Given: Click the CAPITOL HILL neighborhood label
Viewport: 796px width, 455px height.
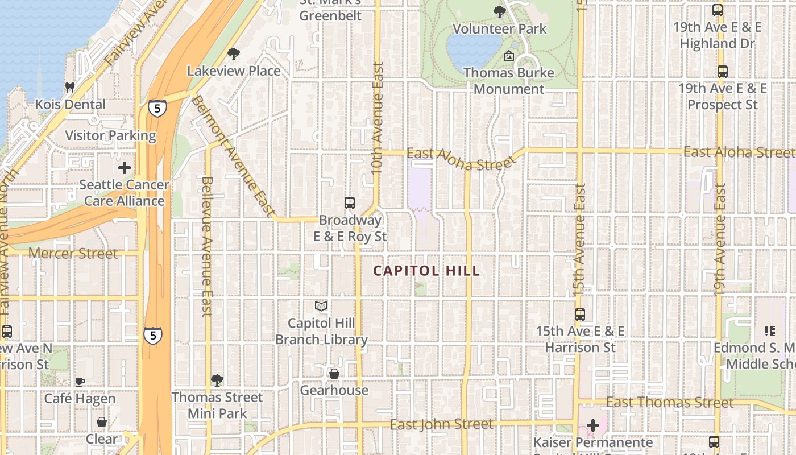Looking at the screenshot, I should point(426,271).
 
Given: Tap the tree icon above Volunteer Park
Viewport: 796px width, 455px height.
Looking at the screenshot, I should point(500,11).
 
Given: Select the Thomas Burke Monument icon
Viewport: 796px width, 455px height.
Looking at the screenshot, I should point(509,56).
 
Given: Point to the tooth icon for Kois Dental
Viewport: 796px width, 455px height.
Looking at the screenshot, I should point(70,88).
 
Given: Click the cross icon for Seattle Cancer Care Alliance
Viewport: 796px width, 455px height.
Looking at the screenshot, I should point(124,168).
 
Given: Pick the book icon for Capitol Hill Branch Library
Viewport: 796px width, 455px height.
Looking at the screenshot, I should point(321,307).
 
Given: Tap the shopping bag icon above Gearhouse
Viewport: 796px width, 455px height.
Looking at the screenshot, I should point(334,374).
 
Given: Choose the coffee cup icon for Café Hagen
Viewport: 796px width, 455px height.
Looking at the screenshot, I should point(80,382).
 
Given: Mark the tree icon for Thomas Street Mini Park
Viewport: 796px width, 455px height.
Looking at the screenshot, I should point(217,380).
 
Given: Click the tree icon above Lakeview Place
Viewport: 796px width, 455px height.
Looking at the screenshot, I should point(233,54).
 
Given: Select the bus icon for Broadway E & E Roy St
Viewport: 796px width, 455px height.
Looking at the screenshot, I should point(350,203).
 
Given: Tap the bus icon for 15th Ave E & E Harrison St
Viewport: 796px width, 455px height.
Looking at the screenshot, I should point(580,314).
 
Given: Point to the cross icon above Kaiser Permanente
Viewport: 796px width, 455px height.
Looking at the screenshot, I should point(593,425).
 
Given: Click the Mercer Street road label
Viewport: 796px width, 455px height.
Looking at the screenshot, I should point(73,253).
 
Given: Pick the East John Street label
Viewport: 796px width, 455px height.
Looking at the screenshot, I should point(441,424).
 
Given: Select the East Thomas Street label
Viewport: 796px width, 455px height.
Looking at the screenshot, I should point(670,403).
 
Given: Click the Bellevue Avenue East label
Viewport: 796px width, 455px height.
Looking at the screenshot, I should point(207,246).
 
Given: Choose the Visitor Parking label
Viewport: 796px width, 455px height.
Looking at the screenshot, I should point(110,136).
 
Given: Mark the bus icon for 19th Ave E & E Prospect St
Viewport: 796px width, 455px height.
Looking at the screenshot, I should point(722,72).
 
